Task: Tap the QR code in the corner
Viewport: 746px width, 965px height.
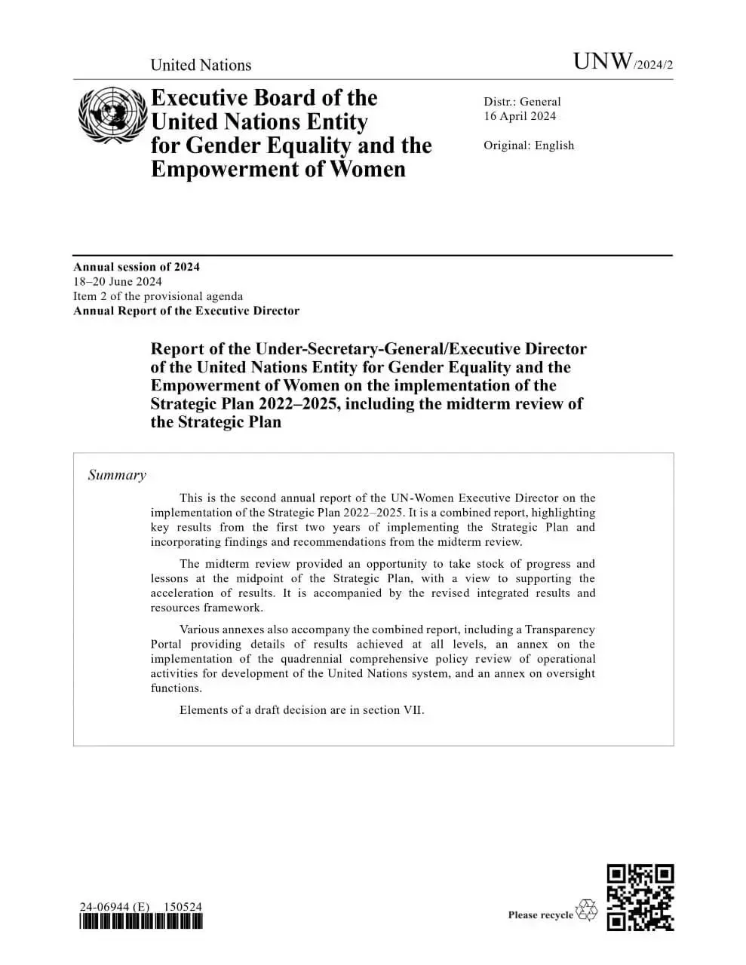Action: click(x=640, y=897)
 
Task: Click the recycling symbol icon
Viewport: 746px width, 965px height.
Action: click(x=586, y=910)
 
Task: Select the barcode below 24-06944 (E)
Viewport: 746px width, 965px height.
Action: click(x=141, y=921)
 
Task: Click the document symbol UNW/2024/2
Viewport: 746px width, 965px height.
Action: click(x=623, y=63)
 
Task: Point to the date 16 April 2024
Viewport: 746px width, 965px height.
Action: click(x=520, y=116)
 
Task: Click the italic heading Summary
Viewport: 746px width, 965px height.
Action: click(x=117, y=475)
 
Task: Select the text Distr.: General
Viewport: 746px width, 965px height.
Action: click(x=522, y=102)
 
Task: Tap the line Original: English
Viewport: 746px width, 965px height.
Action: click(x=529, y=146)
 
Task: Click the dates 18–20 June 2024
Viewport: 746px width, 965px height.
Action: click(x=118, y=282)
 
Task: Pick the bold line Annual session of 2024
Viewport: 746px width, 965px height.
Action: click(x=137, y=267)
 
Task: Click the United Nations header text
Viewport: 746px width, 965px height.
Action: click(x=201, y=65)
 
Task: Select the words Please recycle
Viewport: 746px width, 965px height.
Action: click(x=541, y=915)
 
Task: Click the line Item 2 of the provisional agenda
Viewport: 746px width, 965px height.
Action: click(x=158, y=296)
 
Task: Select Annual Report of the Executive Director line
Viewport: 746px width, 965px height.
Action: click(x=186, y=311)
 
